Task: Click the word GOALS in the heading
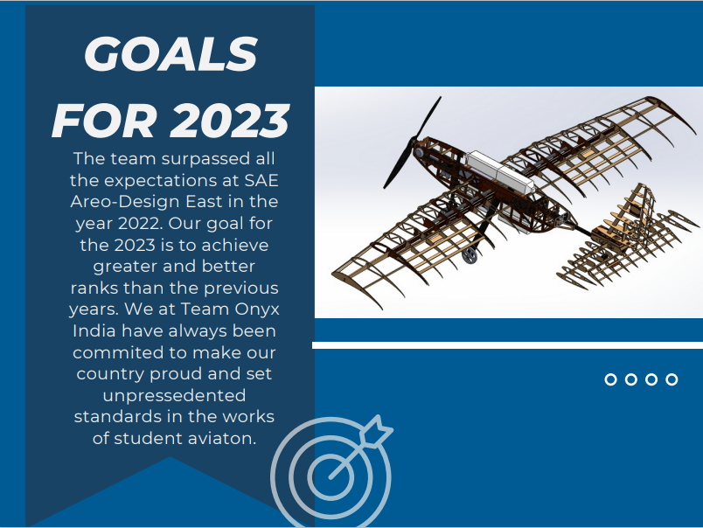coord(171,54)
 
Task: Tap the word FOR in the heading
coord(104,121)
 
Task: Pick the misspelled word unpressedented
coord(174,396)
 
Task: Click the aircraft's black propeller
coord(412,143)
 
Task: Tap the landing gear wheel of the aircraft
coord(470,255)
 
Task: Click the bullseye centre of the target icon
coord(331,476)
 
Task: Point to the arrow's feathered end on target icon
coord(377,430)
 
